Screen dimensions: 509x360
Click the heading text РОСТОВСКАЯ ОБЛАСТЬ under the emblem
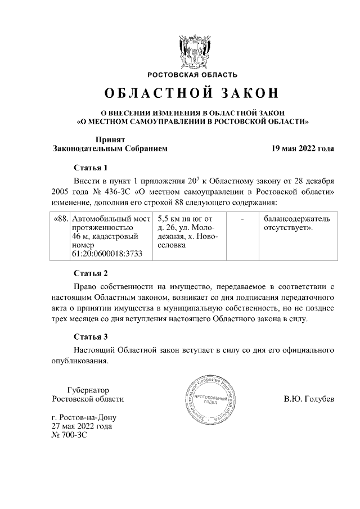pos(192,74)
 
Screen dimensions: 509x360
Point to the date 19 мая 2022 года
pos(303,149)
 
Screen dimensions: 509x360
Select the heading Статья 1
pos(90,168)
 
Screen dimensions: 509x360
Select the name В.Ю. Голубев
pos(309,399)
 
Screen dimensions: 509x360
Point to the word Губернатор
pos(87,389)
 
